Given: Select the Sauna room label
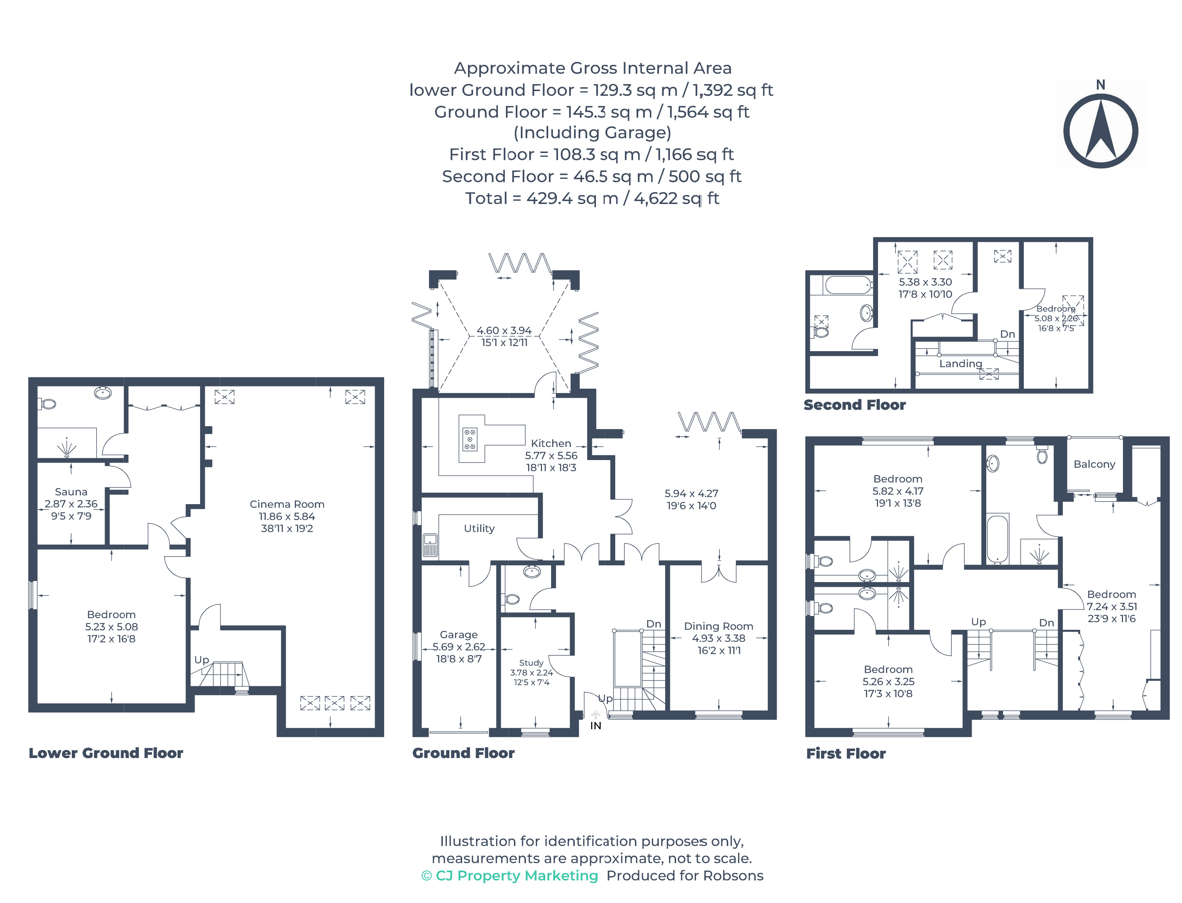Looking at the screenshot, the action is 71,492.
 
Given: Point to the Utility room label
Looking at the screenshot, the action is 479,529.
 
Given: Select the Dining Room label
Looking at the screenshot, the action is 718,626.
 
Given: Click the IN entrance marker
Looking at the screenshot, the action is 596,726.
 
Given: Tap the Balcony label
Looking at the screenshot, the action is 1095,464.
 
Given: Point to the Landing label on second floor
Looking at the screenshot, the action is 960,364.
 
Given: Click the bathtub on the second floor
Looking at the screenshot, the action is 849,285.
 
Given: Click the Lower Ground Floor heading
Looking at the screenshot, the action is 106,753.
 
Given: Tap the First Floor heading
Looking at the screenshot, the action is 846,754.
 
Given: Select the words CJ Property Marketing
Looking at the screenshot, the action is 517,876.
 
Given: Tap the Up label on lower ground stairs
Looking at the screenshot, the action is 202,660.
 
